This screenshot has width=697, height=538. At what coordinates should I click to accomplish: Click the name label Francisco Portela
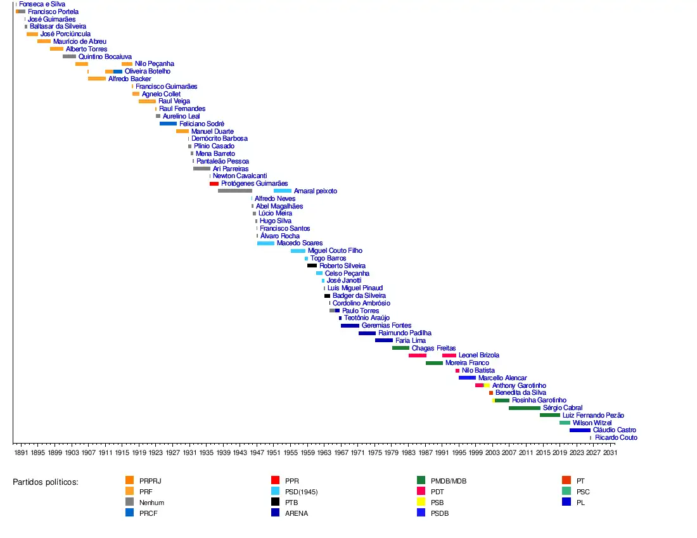(x=53, y=12)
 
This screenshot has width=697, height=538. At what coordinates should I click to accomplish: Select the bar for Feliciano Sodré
(x=168, y=124)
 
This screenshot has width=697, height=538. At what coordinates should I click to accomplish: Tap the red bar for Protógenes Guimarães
(x=214, y=184)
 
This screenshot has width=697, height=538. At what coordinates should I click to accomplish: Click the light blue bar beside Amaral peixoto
(x=283, y=191)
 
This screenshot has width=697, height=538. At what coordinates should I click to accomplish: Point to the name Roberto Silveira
(x=342, y=266)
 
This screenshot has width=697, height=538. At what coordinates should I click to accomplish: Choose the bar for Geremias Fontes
(x=350, y=326)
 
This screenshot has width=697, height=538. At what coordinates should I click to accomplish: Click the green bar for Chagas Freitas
(x=400, y=348)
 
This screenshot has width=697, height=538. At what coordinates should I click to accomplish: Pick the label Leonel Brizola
(x=478, y=355)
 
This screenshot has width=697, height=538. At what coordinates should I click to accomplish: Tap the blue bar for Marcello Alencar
(x=467, y=378)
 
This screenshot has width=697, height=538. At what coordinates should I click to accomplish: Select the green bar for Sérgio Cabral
(x=524, y=408)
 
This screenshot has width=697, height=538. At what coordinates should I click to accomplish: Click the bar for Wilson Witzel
(x=565, y=423)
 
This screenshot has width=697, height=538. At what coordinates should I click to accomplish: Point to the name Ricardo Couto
(x=616, y=438)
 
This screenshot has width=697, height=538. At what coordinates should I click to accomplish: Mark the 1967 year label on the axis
(x=341, y=453)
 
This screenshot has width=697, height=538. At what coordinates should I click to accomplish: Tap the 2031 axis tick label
(x=610, y=453)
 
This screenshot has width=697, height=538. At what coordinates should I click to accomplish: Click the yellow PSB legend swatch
(x=421, y=502)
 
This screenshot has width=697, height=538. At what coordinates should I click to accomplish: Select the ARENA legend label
(x=297, y=513)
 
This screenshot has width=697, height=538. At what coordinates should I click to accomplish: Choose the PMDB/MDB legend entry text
(x=449, y=481)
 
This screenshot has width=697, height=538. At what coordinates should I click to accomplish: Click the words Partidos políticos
(x=46, y=482)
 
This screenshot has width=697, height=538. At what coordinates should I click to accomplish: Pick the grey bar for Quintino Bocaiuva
(x=69, y=56)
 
